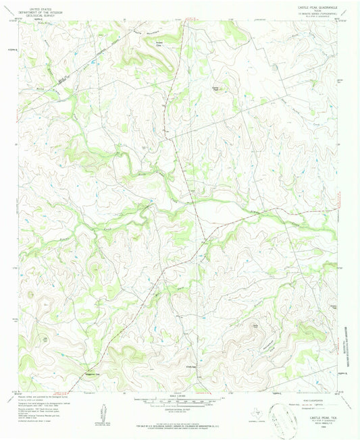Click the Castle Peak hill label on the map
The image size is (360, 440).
pos(217,88)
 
